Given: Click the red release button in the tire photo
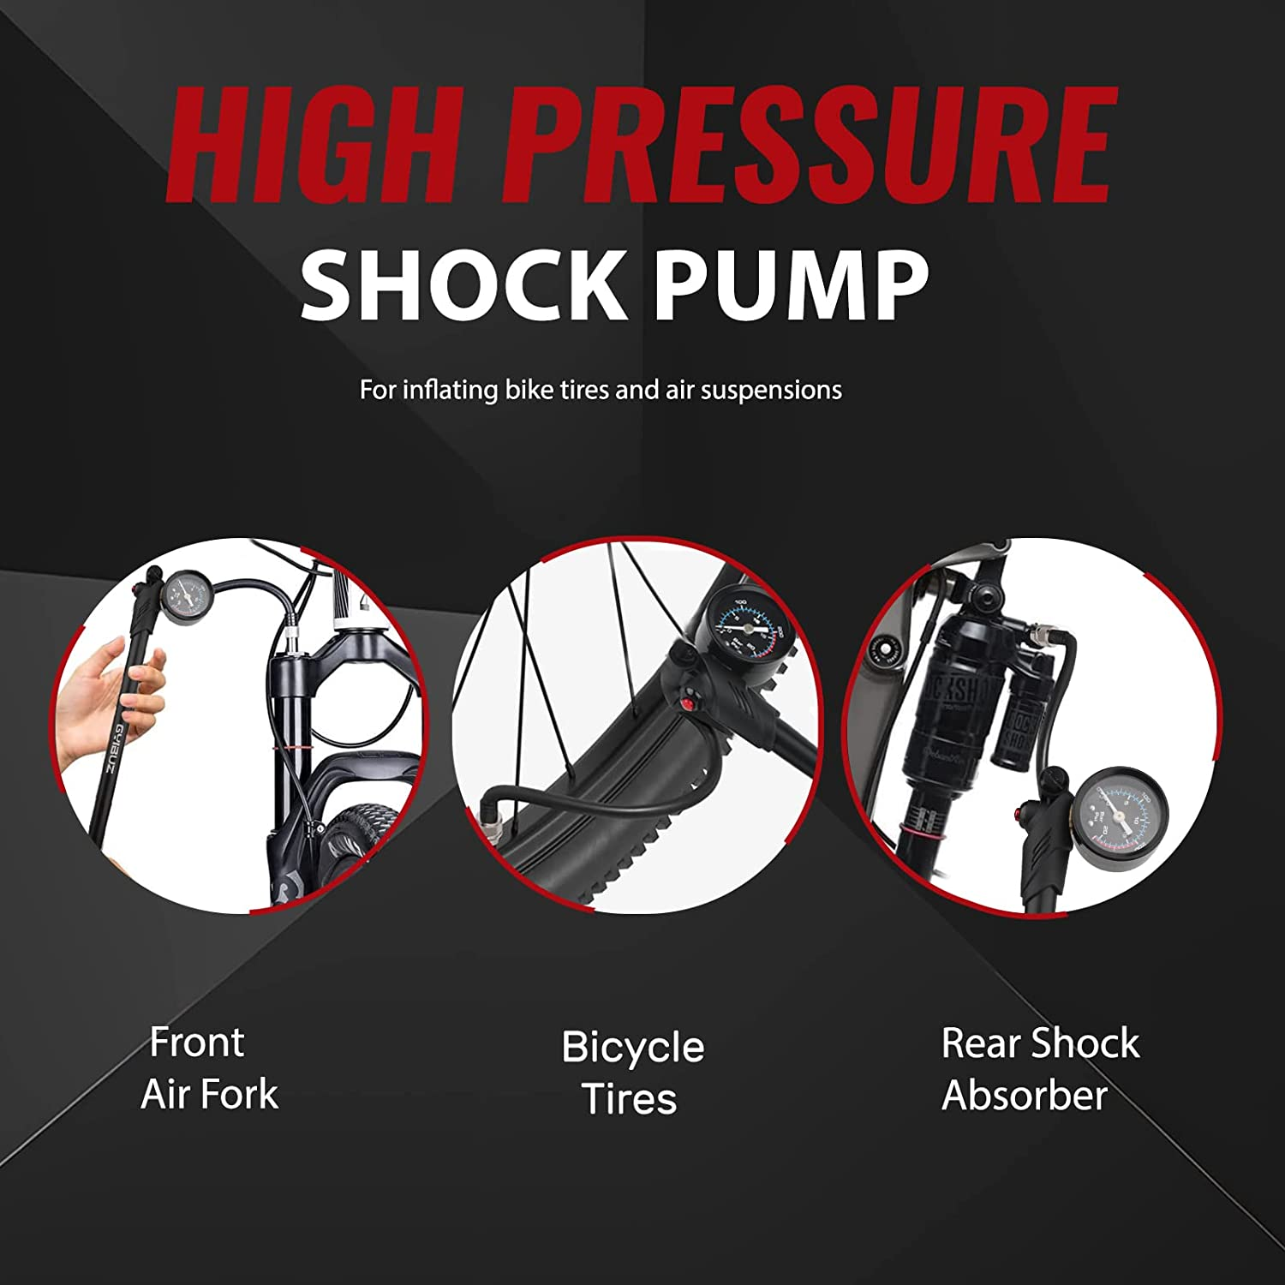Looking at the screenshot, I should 686,704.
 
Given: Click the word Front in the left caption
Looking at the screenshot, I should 197,1043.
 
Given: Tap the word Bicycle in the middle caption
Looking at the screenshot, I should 632,1048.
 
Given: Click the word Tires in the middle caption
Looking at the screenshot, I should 630,1100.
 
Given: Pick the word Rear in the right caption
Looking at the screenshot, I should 982,1043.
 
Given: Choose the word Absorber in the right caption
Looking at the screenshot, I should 1025,1096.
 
